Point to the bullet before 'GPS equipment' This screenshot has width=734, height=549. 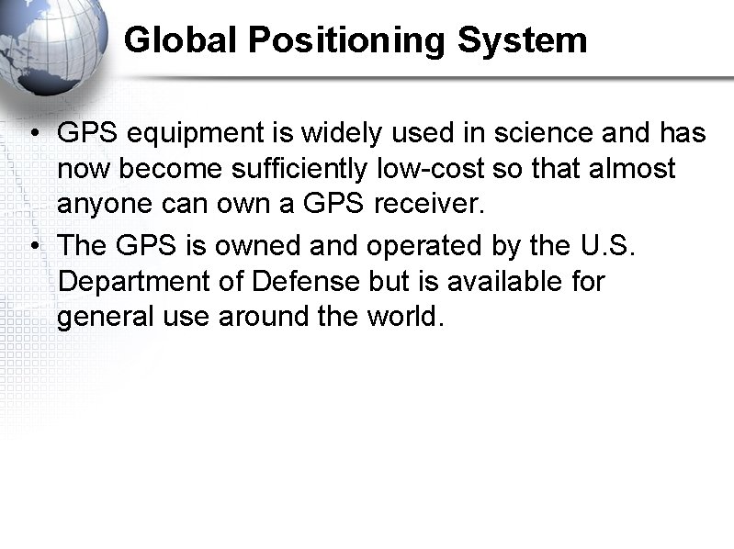(32, 135)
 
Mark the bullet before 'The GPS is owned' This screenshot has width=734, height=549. (32, 247)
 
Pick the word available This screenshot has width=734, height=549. (497, 281)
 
